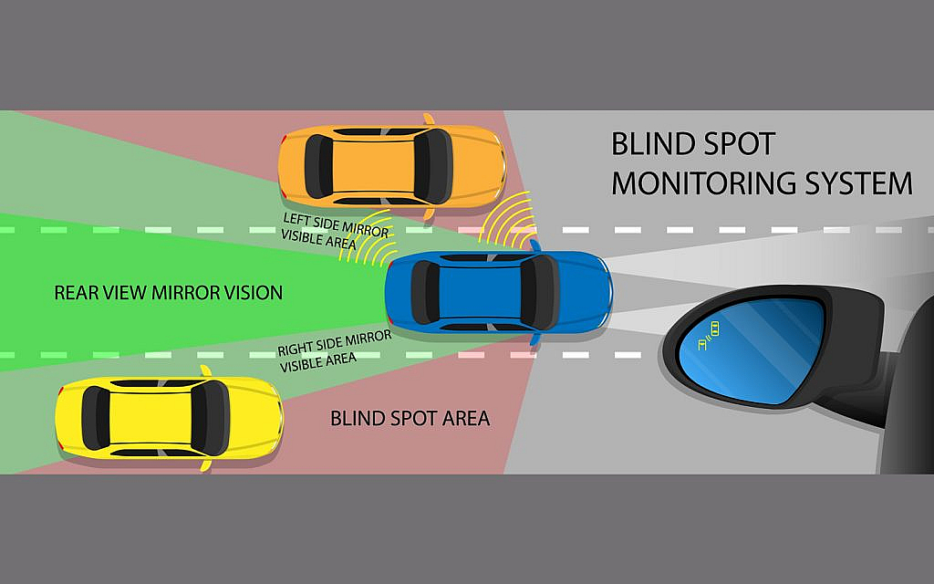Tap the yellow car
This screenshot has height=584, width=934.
pyautogui.click(x=169, y=419)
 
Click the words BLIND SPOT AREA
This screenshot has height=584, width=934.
pyautogui.click(x=410, y=419)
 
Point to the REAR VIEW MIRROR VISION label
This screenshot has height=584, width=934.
pyautogui.click(x=168, y=293)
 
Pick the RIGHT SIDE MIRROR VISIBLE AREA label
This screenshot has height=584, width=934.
pyautogui.click(x=334, y=348)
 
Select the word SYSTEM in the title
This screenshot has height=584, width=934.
pyautogui.click(x=858, y=183)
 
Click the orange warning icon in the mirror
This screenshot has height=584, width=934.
pyautogui.click(x=709, y=338)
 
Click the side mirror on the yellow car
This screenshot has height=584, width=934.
pyautogui.click(x=206, y=372)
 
